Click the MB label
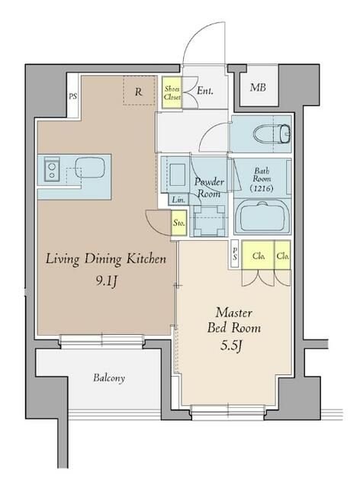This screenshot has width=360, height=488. [258, 88]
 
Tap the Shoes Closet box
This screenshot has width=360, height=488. [172, 92]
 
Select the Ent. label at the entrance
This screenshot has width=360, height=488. [205, 91]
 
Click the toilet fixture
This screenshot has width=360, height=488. [272, 134]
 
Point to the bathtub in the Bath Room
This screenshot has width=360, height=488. [262, 217]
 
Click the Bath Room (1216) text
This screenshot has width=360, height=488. [262, 180]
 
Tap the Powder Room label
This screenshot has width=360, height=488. [209, 188]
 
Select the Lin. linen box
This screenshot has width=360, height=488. [178, 200]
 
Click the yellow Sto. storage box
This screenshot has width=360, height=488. [179, 223]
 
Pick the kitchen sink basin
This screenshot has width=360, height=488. [90, 167]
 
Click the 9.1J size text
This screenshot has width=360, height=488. [106, 281]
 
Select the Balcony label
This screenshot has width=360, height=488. [109, 378]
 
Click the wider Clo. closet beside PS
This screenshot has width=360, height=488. [258, 255]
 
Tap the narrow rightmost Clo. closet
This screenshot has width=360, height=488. [282, 255]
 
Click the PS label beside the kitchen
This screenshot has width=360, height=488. [72, 97]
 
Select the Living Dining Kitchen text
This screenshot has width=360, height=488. [106, 259]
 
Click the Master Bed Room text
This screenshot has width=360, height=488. [234, 320]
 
